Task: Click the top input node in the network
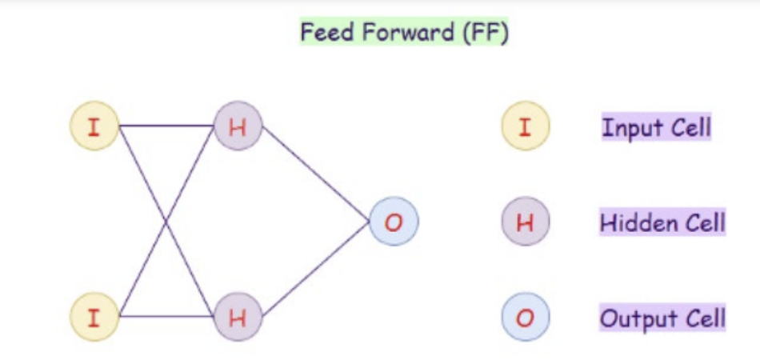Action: tap(94, 126)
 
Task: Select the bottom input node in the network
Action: tap(94, 317)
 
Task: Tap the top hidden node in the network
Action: tap(238, 126)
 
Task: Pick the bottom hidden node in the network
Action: tap(238, 317)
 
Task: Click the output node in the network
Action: tap(393, 222)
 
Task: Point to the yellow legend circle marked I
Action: tap(526, 126)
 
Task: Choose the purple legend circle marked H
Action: tap(526, 222)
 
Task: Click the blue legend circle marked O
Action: tap(526, 318)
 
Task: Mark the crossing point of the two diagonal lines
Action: tap(166, 222)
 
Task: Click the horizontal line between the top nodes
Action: tap(166, 126)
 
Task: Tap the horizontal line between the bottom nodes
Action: tap(166, 317)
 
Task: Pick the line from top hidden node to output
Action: tap(316, 174)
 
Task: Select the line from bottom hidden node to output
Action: tap(316, 270)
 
